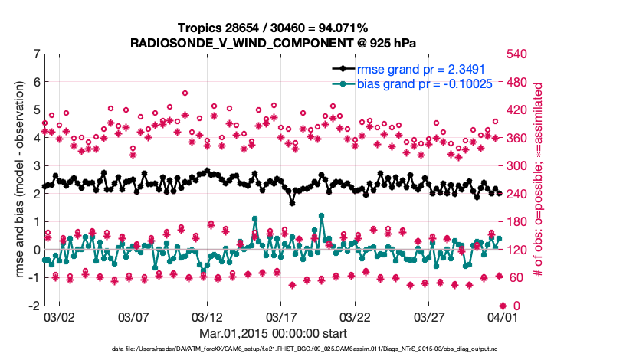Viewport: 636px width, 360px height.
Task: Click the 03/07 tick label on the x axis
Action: point(133,316)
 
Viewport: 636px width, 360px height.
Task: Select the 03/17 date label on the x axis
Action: point(281,316)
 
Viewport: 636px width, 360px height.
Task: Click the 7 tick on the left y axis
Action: point(35,54)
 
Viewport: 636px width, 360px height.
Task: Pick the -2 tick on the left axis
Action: point(33,306)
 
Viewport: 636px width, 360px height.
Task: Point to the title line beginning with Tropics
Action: point(273,28)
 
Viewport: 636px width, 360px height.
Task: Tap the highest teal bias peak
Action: point(320,216)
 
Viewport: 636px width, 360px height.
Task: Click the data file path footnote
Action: point(273,350)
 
